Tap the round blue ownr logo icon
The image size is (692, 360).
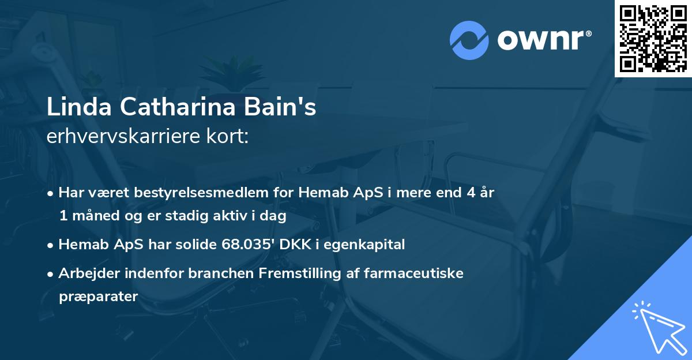470,40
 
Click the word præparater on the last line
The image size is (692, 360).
98,297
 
